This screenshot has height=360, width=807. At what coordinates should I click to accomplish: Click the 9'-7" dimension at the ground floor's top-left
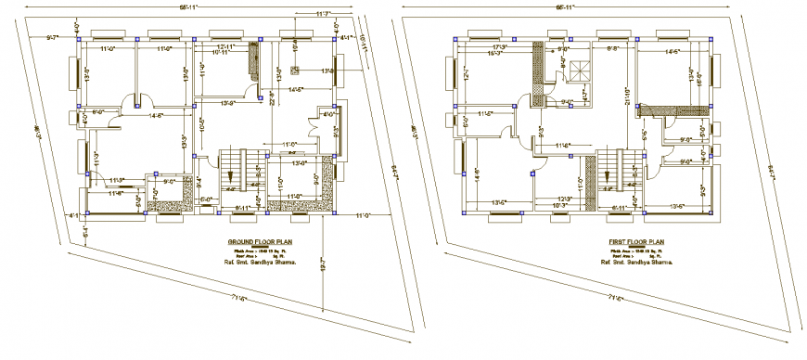tap(52, 37)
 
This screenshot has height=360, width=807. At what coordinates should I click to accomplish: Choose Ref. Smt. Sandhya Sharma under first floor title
tap(634, 263)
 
